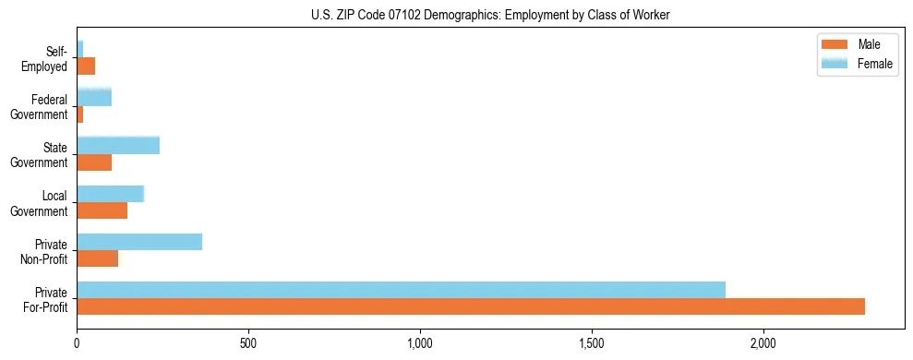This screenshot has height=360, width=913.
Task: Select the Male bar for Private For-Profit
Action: click(x=471, y=306)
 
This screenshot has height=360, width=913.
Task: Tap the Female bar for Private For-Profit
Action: click(x=401, y=289)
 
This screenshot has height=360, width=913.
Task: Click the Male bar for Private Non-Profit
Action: click(x=97, y=258)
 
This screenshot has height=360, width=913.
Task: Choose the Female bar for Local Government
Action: click(x=111, y=194)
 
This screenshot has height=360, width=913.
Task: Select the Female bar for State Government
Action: click(x=118, y=145)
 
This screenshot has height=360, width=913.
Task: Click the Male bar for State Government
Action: click(x=94, y=162)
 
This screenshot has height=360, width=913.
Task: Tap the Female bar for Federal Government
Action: click(x=94, y=97)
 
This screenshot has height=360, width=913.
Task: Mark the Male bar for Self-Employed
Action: click(x=86, y=66)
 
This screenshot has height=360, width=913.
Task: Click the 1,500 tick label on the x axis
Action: click(x=592, y=342)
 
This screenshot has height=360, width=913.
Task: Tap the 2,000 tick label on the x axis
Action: click(x=763, y=342)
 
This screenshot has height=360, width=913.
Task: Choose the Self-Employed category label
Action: click(x=47, y=58)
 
